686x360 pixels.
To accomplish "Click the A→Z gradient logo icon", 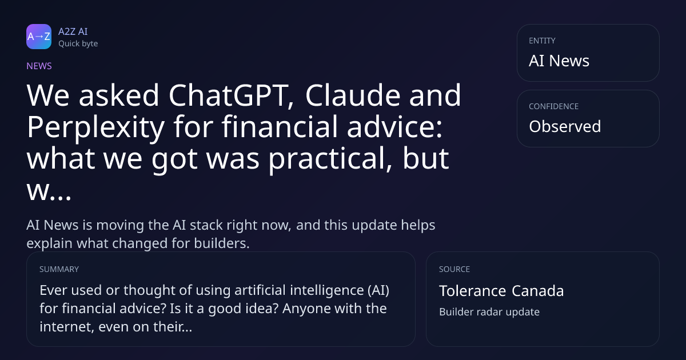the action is pos(39,37).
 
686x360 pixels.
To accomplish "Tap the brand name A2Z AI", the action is pos(73,31).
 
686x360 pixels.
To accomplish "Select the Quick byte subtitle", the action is pos(78,44).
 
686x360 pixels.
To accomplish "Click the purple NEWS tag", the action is pos(39,66).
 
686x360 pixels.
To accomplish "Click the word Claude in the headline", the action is pos(353,95).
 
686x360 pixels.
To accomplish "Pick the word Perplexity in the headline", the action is pos(96,128).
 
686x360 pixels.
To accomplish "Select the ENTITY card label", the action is pos(542,41).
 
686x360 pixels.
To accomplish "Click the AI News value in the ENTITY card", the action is pos(559,61).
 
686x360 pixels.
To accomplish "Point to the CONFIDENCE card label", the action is pos(554,106).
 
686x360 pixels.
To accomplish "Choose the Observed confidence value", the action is pos(565,126).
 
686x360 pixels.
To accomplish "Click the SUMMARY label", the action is pos(59,269).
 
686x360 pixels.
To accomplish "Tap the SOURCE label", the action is pos(454,269).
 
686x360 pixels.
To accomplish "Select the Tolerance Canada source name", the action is pos(501,291).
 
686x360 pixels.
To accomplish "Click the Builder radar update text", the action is pos(489,312).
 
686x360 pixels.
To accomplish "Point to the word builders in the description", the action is pos(222,243).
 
